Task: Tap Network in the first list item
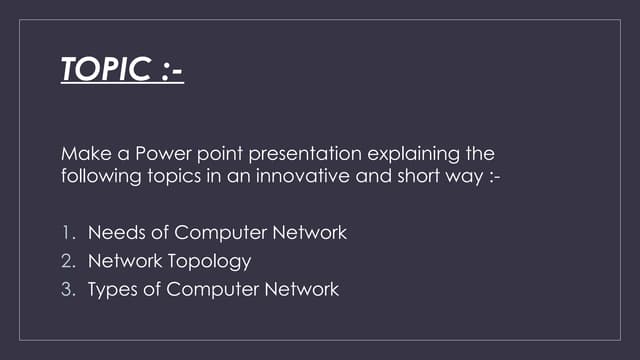pyautogui.click(x=310, y=233)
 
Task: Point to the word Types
pyautogui.click(x=113, y=291)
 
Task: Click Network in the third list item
pyautogui.click(x=302, y=290)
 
